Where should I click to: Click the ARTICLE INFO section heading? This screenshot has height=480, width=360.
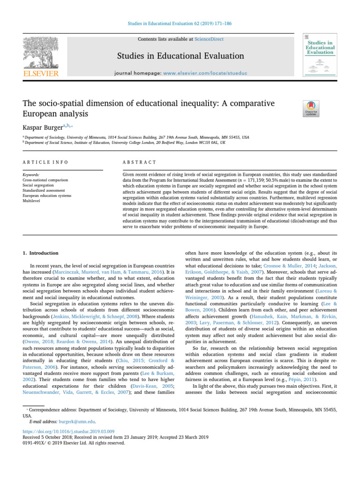[x=45, y=162]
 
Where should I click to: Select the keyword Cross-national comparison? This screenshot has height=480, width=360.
[x=45, y=180]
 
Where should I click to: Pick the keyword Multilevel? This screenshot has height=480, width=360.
[x=31, y=200]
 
